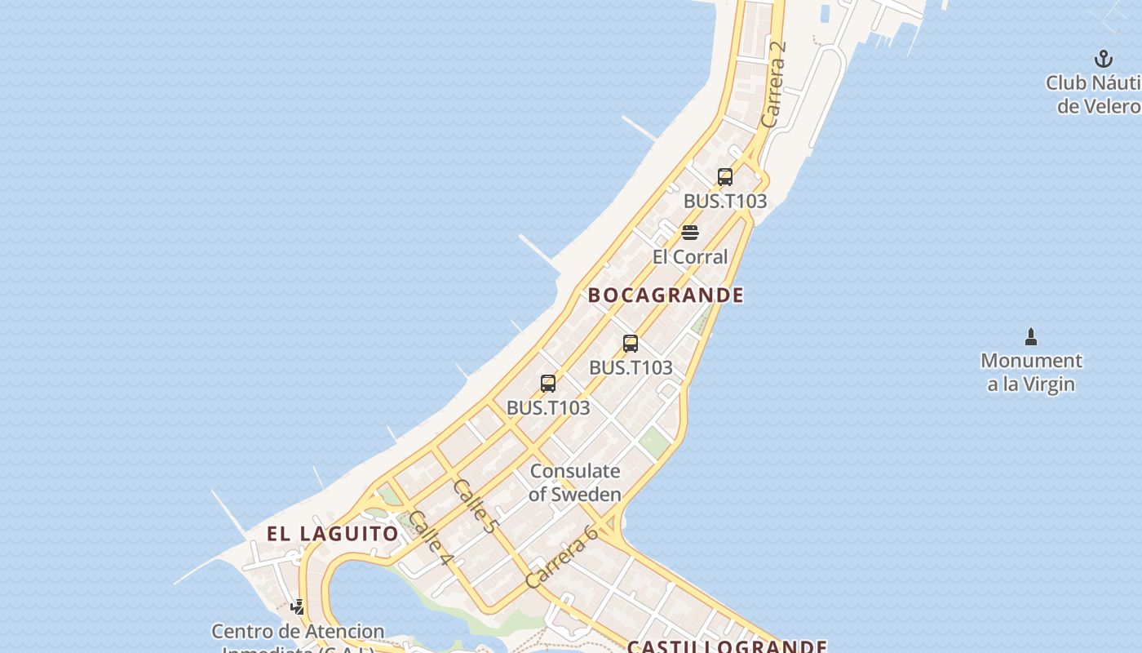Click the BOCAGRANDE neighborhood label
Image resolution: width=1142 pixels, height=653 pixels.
click(666, 295)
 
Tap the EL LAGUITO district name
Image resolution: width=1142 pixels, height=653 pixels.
click(333, 534)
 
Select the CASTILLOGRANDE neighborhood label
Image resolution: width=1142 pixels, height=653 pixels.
click(727, 646)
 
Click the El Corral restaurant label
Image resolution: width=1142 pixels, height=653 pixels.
click(689, 256)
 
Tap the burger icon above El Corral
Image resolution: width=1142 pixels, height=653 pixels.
click(689, 233)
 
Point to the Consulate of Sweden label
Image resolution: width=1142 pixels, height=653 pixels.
click(574, 482)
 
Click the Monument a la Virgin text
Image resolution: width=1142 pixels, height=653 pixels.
click(1031, 372)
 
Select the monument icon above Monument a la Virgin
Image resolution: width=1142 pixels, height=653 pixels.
click(1031, 336)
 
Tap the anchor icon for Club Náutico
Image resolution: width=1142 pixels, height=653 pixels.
click(1103, 59)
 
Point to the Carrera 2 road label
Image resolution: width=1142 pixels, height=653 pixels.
click(774, 84)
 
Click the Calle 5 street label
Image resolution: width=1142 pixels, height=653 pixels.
click(475, 506)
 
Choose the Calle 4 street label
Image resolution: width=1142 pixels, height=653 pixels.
click(431, 537)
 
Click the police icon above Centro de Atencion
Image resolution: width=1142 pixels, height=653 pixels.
click(298, 606)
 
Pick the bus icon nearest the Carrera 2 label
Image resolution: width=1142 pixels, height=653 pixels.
click(724, 176)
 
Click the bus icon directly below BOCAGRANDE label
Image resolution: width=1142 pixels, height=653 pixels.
click(630, 344)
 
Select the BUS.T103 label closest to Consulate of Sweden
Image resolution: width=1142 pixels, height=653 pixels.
click(548, 407)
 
